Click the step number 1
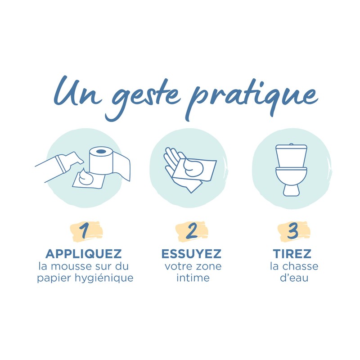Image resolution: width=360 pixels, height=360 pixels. [84, 231]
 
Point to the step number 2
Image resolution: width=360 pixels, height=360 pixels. [192, 231]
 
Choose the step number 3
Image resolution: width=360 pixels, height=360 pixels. [293, 231]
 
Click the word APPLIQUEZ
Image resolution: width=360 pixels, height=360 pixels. [84, 254]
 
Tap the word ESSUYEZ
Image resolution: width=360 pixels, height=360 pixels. [191, 254]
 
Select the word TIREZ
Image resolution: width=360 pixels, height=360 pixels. [292, 254]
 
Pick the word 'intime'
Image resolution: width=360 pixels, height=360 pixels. [193, 278]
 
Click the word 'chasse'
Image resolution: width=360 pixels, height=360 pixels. [300, 266]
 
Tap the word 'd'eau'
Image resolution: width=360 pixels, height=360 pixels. [294, 278]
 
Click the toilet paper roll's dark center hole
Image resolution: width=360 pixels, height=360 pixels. [101, 152]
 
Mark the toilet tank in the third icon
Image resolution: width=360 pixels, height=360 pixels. [291, 156]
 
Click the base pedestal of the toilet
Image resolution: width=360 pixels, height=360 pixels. [291, 190]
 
